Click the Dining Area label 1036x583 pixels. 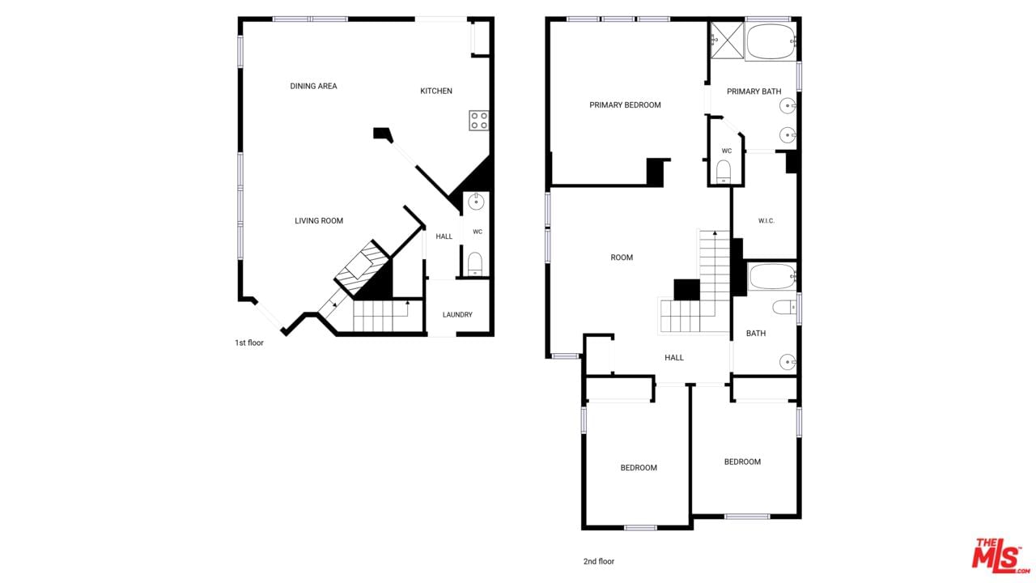click(x=313, y=86)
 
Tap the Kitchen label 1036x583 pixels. click(x=435, y=91)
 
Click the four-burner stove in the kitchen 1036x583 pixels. click(x=478, y=121)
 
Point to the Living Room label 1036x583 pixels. click(x=319, y=221)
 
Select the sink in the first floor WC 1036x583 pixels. click(x=475, y=202)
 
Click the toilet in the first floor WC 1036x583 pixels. click(x=475, y=264)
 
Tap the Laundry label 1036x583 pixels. click(x=457, y=315)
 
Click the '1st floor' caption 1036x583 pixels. click(x=248, y=343)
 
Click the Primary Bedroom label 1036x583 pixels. click(x=625, y=105)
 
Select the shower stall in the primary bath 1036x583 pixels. click(x=727, y=40)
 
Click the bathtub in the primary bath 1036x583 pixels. click(x=771, y=41)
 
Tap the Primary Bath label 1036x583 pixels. click(x=754, y=91)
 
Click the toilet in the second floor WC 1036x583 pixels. click(x=723, y=172)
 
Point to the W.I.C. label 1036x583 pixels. click(x=766, y=221)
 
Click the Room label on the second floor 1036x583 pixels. click(x=622, y=257)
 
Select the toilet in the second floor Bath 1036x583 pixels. click(x=784, y=307)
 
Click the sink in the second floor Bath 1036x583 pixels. click(x=788, y=362)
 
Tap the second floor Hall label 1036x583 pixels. click(x=674, y=358)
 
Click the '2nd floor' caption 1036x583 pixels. click(x=598, y=561)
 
